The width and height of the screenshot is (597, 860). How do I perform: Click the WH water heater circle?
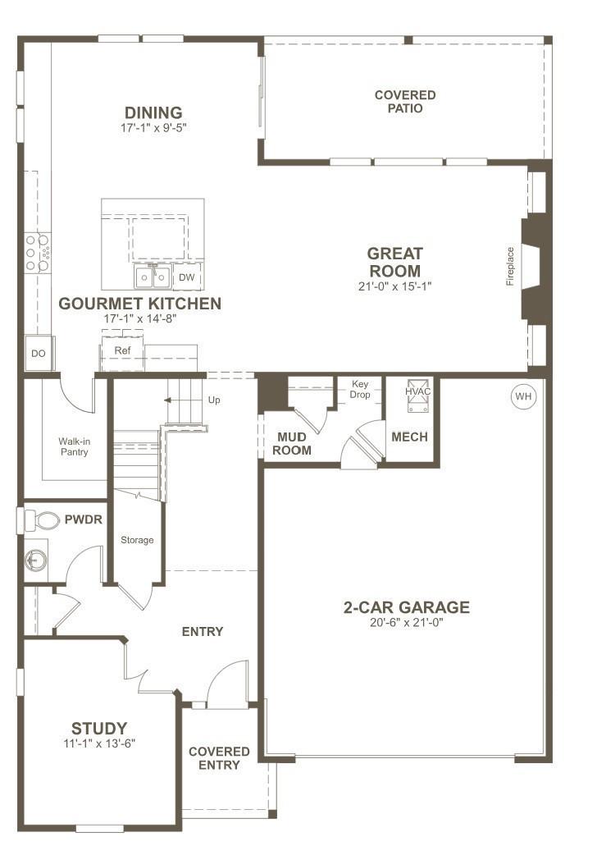pos(523,396)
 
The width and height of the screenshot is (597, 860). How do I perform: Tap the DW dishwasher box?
pos(187,277)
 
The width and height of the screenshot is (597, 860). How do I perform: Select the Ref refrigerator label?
pos(122,350)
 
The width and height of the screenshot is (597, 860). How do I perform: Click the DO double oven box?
pos(38,353)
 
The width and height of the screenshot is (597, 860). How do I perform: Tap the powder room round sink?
pos(35,560)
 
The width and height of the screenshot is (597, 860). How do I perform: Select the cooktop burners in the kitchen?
pos(37,253)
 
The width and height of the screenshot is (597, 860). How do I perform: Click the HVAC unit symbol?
pos(418,396)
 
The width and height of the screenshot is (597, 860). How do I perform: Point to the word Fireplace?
pos(510,267)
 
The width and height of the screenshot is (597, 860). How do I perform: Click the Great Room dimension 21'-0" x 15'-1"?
pos(394,286)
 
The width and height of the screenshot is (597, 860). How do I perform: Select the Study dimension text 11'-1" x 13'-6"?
pos(99,743)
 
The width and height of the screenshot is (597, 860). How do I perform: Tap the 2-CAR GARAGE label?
pos(406,607)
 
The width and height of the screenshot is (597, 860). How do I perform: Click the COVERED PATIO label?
pos(405,102)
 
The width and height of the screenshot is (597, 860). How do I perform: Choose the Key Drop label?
pos(360,390)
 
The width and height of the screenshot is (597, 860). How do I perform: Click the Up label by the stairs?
pos(214,400)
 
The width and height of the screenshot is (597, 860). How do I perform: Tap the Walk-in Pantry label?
pos(75,446)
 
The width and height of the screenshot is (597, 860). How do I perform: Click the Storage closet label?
pos(137,540)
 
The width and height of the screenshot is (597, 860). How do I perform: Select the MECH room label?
pos(409,437)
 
